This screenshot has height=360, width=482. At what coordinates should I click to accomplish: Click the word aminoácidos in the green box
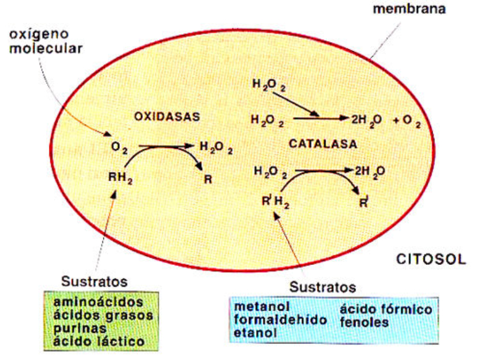coord(98,301)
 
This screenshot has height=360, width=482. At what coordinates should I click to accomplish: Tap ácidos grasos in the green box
coord(103,315)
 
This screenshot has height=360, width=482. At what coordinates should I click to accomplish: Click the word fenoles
coord(364,322)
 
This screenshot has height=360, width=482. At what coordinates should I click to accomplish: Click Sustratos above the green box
coord(94,282)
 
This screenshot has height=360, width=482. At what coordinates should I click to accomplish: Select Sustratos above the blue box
coord(322,285)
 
